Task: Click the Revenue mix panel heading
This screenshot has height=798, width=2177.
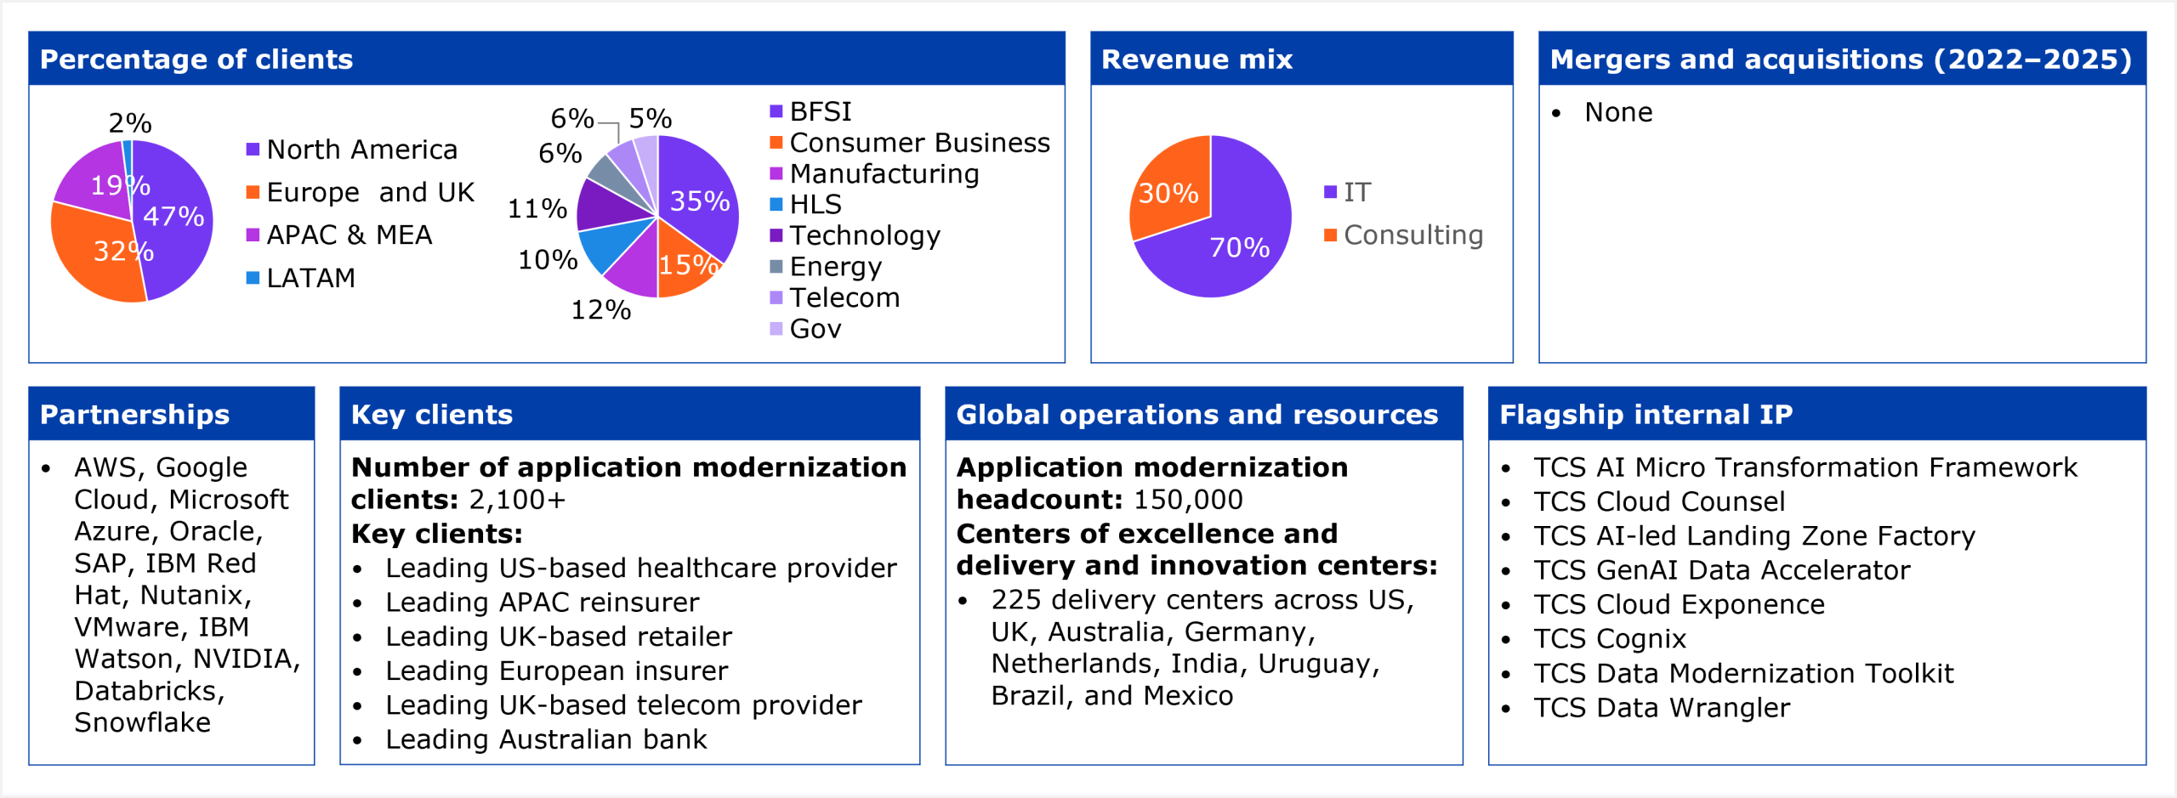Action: coord(1196,59)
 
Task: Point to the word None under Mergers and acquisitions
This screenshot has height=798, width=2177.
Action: coord(1618,112)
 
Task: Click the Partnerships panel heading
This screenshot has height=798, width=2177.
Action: coord(134,415)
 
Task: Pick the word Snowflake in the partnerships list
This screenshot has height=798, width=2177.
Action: coord(143,722)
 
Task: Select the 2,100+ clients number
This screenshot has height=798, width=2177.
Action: coord(517,500)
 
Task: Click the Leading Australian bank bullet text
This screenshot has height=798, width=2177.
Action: coord(546,739)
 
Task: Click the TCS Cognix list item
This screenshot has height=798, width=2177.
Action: coord(1609,638)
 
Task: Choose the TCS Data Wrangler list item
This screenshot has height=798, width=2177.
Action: coord(1662,707)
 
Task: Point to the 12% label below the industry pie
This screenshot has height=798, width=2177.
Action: coord(600,310)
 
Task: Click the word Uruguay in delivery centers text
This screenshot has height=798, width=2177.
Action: coord(1317,664)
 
